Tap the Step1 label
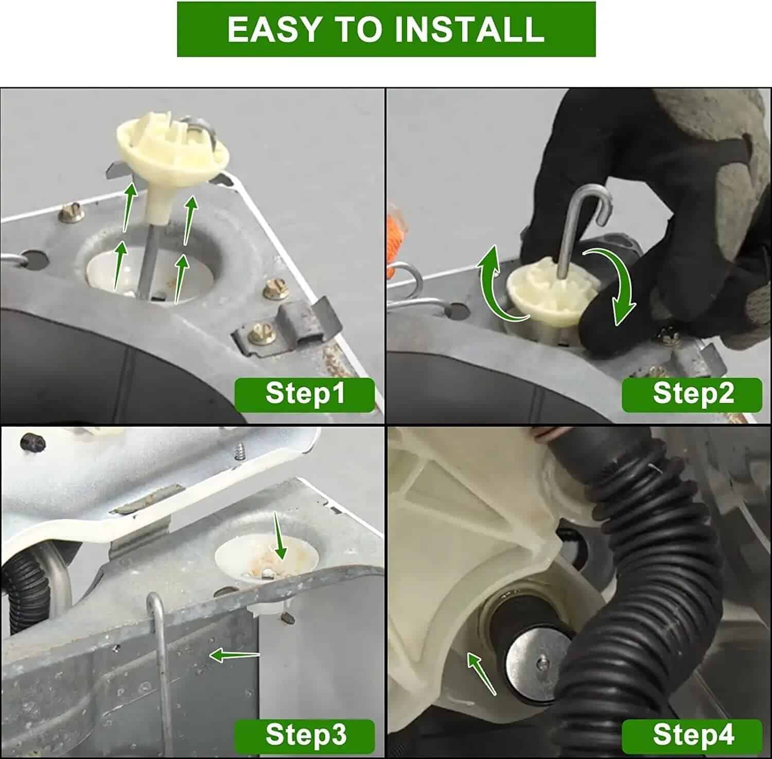tap(305, 394)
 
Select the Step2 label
tap(692, 394)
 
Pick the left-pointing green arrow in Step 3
tap(234, 655)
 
